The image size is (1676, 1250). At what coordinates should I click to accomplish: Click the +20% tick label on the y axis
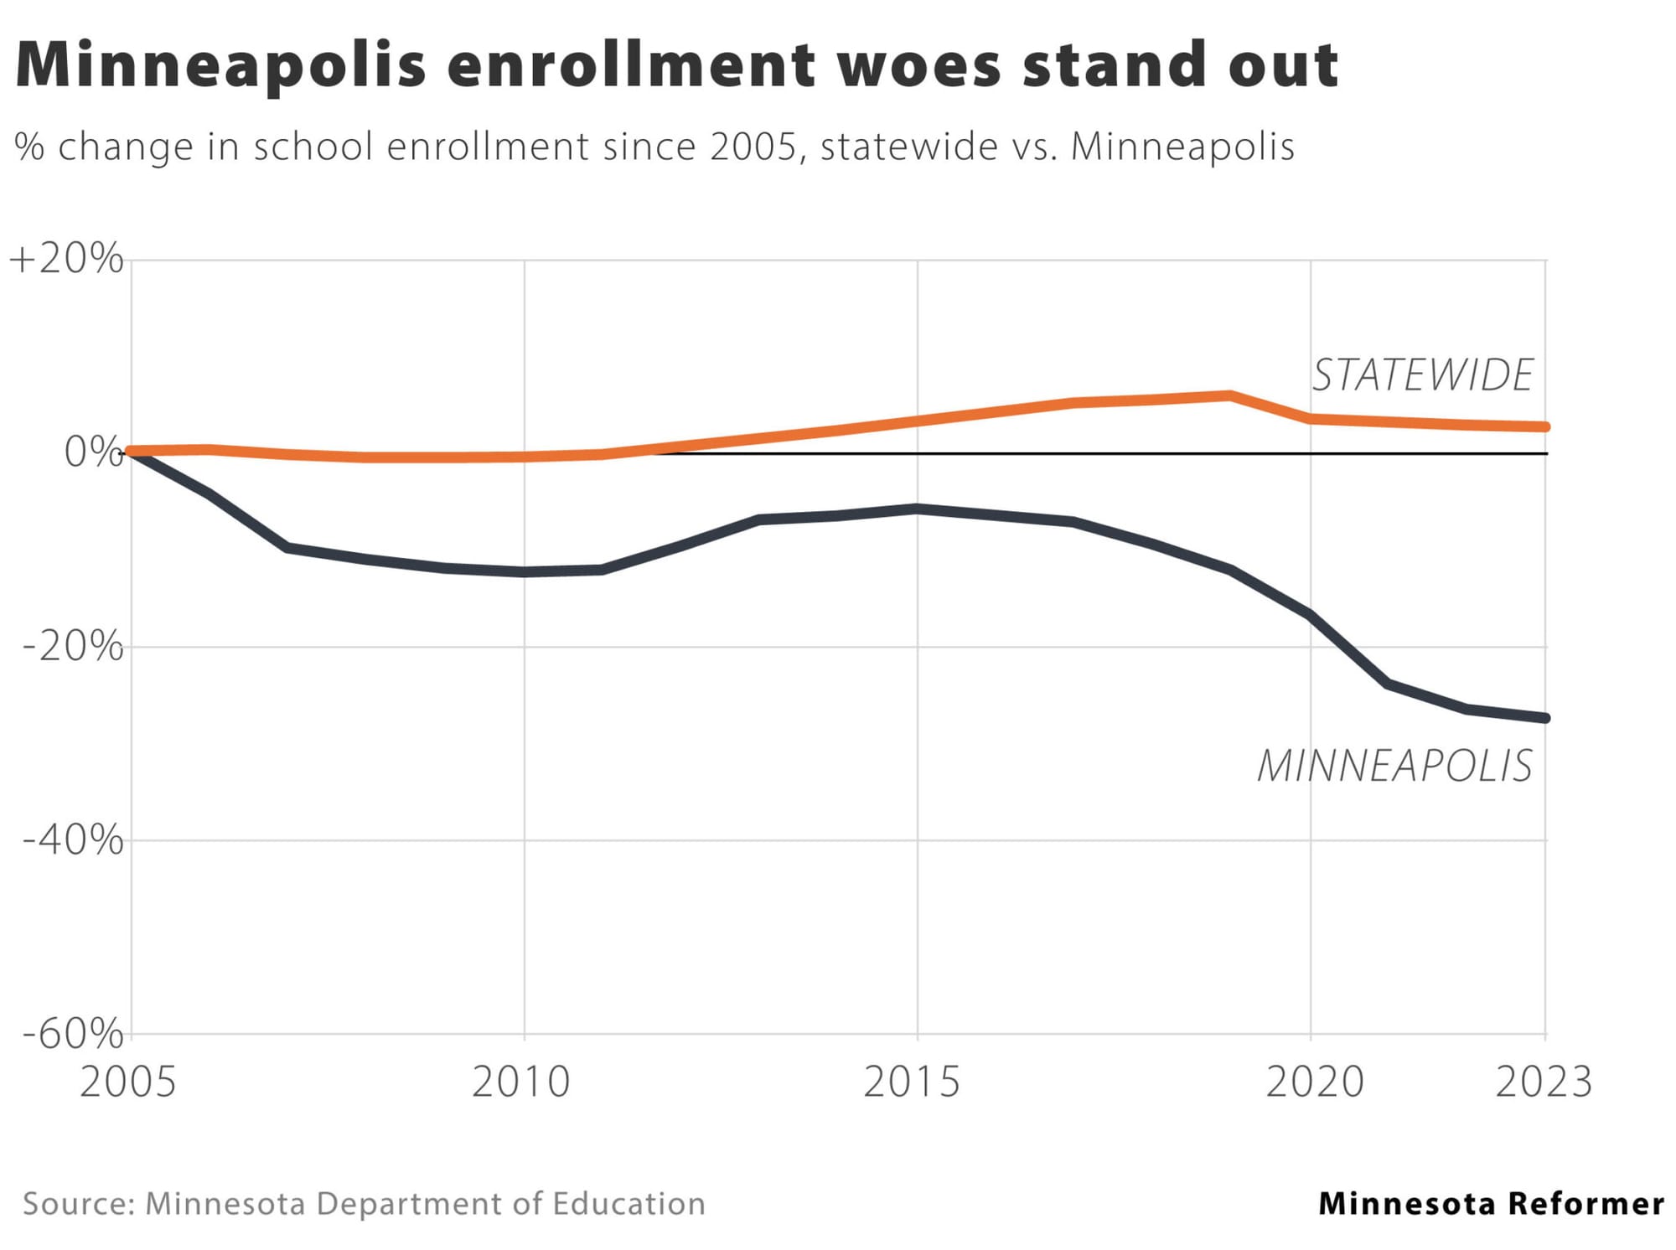pos(66,259)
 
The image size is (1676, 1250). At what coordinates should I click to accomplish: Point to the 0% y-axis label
pos(93,452)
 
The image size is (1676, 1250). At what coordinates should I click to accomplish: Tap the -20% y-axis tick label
pos(73,647)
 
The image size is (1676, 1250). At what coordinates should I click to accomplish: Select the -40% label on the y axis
pos(73,839)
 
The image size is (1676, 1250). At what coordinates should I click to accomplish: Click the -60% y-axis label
pos(73,1034)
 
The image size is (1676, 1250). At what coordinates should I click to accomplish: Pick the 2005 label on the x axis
pos(128,1082)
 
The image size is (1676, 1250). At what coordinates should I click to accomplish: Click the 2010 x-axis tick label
pos(521,1082)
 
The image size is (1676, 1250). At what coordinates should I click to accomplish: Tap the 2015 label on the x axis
pos(912,1082)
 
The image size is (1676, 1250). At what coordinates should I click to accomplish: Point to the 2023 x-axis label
pos(1544,1082)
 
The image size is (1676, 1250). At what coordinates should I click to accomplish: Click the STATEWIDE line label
pos(1422,375)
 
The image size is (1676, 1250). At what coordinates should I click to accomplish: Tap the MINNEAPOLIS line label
pos(1394,766)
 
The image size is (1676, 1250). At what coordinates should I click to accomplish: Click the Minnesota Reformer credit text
pos(1491,1204)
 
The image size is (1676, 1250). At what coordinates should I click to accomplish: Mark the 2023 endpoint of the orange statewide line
pos(1545,427)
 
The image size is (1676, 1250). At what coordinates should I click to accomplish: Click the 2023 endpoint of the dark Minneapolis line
pos(1545,718)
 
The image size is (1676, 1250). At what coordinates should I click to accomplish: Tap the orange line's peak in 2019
pos(1230,395)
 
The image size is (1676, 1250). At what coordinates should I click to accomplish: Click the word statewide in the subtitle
pos(909,147)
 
